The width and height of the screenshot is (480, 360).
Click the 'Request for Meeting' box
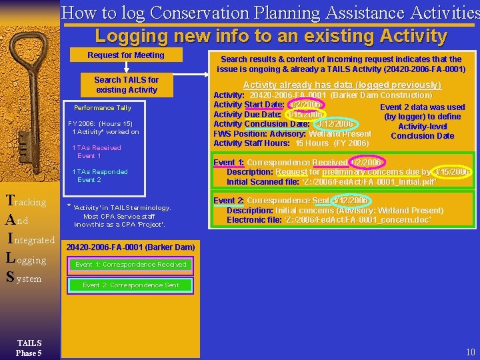(x=126, y=55)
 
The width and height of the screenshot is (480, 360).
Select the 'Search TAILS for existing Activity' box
(x=126, y=85)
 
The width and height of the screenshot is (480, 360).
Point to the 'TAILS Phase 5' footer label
(x=29, y=347)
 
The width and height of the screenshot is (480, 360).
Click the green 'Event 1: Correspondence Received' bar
(x=131, y=265)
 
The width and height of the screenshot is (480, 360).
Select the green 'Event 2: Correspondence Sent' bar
(x=131, y=285)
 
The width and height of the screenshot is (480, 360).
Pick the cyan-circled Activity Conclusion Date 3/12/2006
(x=334, y=124)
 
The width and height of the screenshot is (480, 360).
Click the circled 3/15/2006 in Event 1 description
(x=451, y=172)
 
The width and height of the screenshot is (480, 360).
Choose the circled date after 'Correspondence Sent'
(x=350, y=201)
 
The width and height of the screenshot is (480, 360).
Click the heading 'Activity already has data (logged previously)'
(x=342, y=85)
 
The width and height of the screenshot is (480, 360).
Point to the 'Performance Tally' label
(x=103, y=107)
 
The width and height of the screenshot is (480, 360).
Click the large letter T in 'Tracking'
(x=9, y=200)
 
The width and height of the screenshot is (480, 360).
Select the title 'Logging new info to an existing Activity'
(x=271, y=35)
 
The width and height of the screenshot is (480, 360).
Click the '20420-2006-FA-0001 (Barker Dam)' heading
(x=130, y=247)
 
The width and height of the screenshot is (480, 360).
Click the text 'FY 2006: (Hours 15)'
(x=100, y=123)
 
